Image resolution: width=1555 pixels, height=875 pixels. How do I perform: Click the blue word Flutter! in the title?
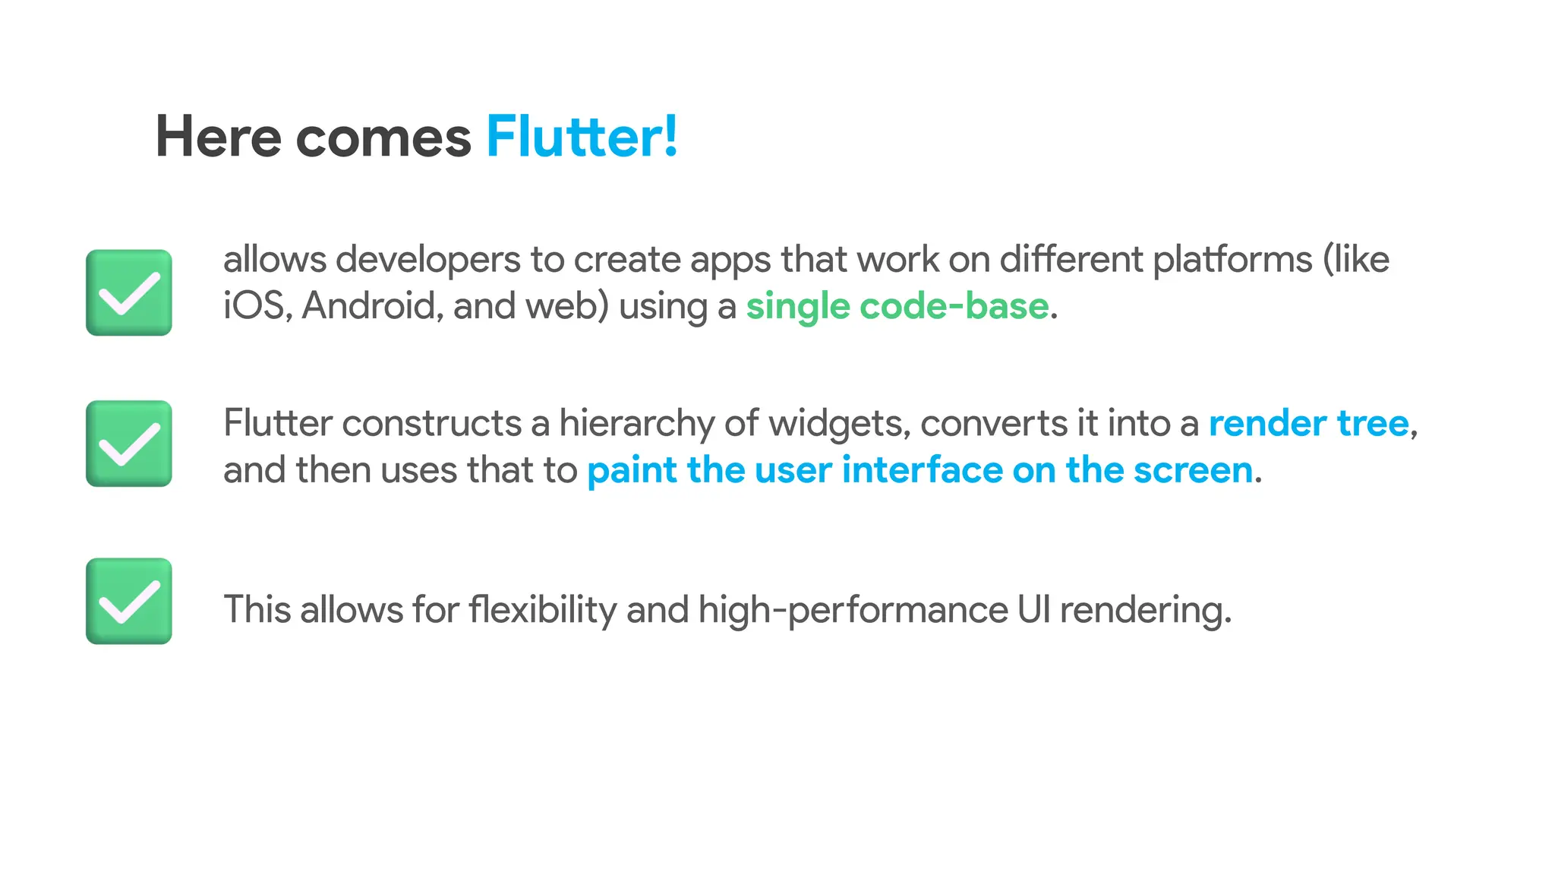point(582,137)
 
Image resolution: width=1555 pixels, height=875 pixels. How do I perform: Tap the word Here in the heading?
point(218,137)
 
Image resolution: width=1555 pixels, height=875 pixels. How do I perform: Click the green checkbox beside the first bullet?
point(129,292)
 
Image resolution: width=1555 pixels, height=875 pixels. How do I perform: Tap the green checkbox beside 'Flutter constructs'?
point(129,444)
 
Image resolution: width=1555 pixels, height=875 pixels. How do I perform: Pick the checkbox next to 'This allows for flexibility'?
point(129,601)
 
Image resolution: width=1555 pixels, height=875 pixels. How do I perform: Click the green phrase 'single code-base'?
point(897,306)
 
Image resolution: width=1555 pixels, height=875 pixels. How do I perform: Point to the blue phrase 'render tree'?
point(1308,423)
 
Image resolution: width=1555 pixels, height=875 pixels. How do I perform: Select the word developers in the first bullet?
point(427,261)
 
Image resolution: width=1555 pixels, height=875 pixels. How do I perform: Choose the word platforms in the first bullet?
point(1232,261)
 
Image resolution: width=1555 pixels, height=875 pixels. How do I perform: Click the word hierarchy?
point(636,424)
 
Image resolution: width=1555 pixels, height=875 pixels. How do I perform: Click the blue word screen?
point(1193,470)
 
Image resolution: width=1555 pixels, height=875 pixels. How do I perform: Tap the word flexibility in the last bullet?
point(542,610)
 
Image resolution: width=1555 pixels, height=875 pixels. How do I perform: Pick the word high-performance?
point(853,611)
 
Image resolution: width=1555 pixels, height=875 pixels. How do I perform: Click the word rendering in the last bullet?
point(1144,610)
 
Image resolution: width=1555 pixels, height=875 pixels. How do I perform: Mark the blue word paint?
point(632,471)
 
